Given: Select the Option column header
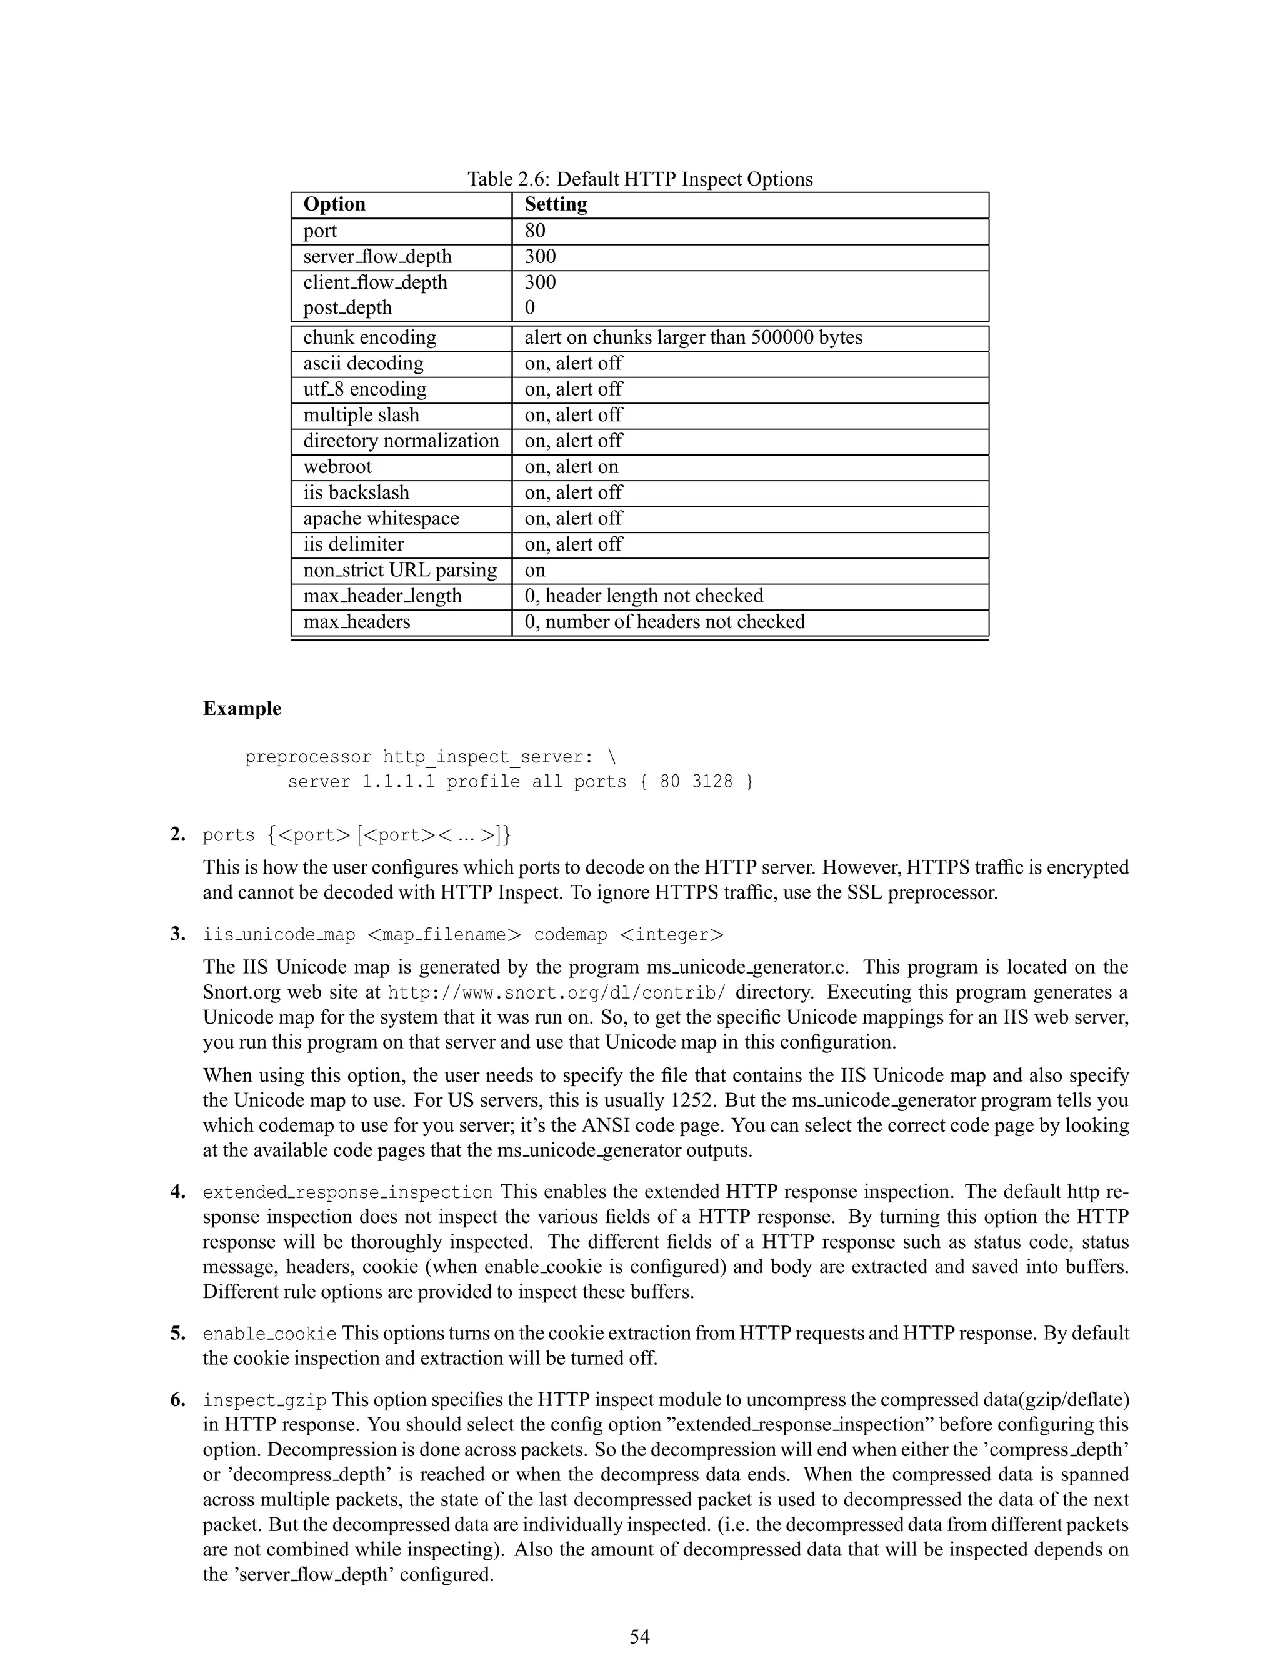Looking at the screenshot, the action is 334,205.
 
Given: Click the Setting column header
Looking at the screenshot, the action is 555,205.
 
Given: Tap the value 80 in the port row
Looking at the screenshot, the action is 534,231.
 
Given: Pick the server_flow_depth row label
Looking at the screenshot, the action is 377,257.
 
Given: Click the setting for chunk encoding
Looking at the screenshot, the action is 693,337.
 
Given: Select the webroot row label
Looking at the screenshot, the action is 337,466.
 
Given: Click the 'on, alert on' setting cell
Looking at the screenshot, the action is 571,466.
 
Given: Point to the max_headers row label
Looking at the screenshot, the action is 356,622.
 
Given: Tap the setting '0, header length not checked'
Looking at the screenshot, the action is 643,596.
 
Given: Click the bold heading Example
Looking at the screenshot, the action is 242,708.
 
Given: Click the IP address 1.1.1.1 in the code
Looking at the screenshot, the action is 398,782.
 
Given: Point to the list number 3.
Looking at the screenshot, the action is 178,934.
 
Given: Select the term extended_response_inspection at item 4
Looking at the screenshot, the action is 347,1192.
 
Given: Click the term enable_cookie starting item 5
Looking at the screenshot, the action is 269,1334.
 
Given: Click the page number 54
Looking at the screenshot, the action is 639,1635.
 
